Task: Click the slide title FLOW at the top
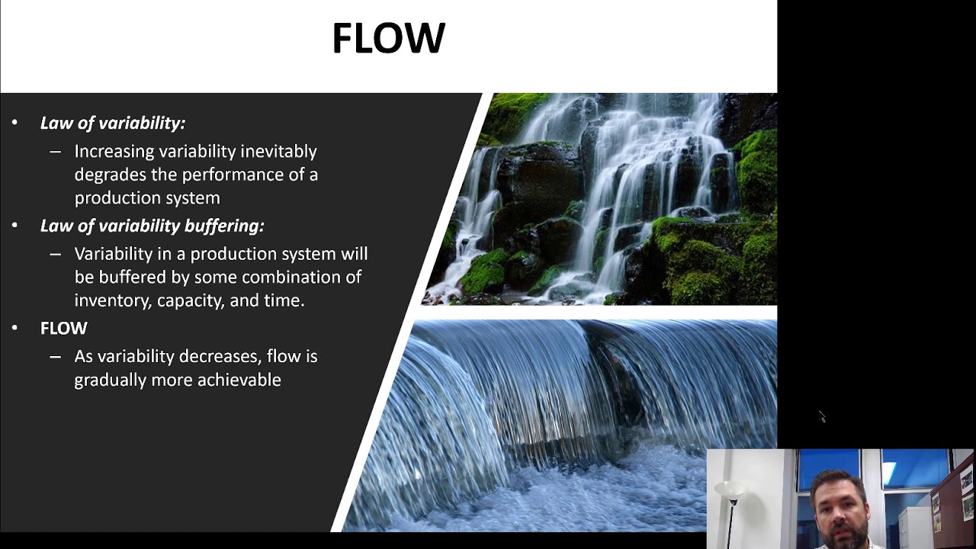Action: pyautogui.click(x=388, y=38)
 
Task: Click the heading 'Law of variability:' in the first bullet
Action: pyautogui.click(x=112, y=123)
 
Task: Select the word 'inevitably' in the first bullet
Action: pyautogui.click(x=278, y=151)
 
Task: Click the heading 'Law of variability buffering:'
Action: pyautogui.click(x=152, y=226)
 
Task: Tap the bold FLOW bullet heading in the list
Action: pyautogui.click(x=64, y=329)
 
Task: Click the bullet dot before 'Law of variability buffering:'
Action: pyautogui.click(x=14, y=226)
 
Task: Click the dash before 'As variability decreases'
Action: pyautogui.click(x=55, y=357)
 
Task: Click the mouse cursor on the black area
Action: pyautogui.click(x=821, y=416)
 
